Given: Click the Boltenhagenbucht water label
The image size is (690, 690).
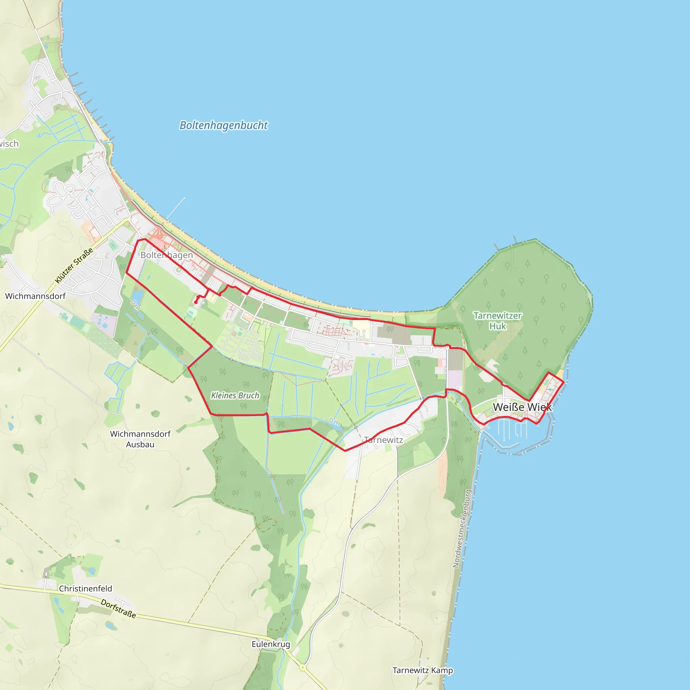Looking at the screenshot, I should point(224,125).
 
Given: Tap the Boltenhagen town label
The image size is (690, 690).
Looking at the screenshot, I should point(166,255).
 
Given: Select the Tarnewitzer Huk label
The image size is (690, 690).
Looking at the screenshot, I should point(498,321).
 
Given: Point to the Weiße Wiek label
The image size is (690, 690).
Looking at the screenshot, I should point(522,407).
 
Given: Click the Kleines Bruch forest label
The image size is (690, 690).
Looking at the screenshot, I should point(235,395).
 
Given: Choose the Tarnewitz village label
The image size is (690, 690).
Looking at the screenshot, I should point(383,440).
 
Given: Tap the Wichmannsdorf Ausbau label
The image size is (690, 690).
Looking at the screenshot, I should point(140,439).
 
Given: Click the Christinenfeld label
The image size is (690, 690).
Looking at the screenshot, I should point(85,589).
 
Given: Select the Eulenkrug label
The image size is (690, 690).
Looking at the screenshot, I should point(271,644).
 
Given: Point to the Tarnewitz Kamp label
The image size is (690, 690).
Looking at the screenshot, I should point(422,670).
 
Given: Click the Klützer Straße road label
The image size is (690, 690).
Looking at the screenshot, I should point(74,266).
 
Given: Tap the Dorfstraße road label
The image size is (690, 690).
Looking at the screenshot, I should point(118,608).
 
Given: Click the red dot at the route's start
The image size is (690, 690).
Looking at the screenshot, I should point(196,303).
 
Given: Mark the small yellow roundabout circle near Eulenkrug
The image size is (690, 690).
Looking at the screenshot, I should point(303,667).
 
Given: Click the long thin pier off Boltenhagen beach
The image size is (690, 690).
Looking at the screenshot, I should point(176,208).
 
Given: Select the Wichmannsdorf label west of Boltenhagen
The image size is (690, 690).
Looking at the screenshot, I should point(35,296).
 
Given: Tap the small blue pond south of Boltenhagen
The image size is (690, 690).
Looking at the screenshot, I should point(137,297).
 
